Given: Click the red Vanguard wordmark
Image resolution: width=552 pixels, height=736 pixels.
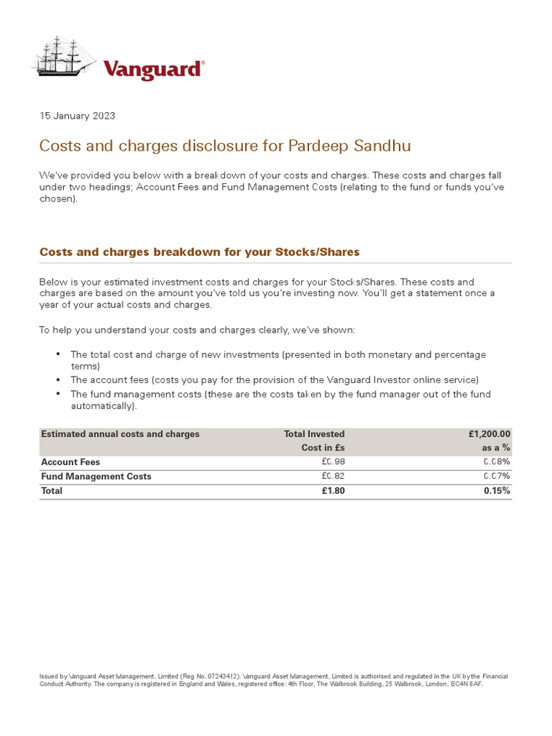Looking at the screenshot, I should pyautogui.click(x=153, y=69).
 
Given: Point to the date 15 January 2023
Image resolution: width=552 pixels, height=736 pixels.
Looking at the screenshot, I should pyautogui.click(x=77, y=116).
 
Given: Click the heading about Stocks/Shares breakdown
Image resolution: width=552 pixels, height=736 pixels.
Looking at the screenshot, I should pyautogui.click(x=199, y=252).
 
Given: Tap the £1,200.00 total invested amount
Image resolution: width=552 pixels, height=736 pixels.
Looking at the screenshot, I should pyautogui.click(x=489, y=434).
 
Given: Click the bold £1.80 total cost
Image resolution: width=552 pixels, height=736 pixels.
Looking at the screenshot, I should pyautogui.click(x=332, y=491).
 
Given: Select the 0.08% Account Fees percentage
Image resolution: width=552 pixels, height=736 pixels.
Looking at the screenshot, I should pyautogui.click(x=497, y=462).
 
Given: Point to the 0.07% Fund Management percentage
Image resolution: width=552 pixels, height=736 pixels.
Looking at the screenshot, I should pyautogui.click(x=497, y=477).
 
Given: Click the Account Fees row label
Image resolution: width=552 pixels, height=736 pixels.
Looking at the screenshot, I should pyautogui.click(x=70, y=462).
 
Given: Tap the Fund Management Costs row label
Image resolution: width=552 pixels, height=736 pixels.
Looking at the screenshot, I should pyautogui.click(x=96, y=477).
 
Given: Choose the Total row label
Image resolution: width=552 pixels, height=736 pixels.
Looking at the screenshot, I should pyautogui.click(x=52, y=491).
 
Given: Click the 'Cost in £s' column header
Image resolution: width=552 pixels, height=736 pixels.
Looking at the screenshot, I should pyautogui.click(x=323, y=448).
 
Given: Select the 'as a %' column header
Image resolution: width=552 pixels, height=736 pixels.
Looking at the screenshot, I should pyautogui.click(x=496, y=448).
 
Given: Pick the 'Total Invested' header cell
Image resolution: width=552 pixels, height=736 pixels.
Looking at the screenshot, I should pyautogui.click(x=314, y=434).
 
